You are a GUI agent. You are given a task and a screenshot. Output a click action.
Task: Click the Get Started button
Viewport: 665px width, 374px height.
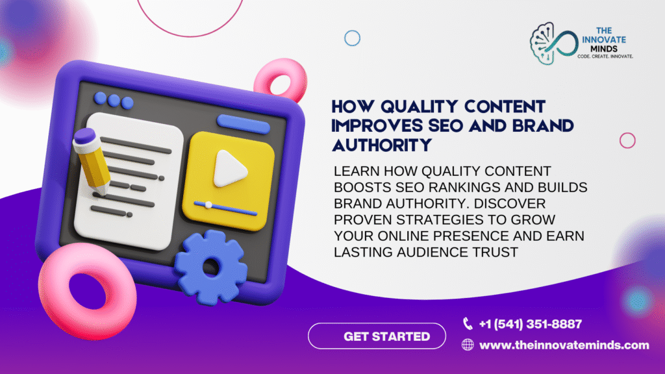click(x=377, y=336)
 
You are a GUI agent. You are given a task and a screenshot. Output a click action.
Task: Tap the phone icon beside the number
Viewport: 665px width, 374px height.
click(x=468, y=323)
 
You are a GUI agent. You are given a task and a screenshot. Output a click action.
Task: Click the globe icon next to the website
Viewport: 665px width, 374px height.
click(x=468, y=345)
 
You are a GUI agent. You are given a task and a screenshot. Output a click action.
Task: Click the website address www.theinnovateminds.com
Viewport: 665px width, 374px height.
click(x=564, y=345)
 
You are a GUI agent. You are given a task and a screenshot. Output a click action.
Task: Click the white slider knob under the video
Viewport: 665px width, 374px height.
click(x=208, y=205)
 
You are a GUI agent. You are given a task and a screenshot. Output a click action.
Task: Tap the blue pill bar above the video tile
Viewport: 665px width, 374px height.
click(x=243, y=123)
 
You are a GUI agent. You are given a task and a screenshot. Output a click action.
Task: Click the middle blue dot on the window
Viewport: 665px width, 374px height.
click(x=114, y=101)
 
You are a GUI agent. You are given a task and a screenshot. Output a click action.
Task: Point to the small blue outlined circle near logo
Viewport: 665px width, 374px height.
click(x=353, y=39)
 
